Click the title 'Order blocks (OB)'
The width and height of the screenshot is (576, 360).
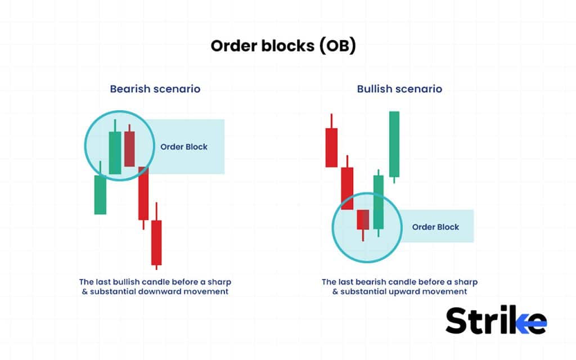click(283, 46)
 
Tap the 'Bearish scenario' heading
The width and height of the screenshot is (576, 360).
click(155, 89)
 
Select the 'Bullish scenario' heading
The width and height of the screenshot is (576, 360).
click(399, 89)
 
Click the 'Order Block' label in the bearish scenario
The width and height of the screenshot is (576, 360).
click(184, 147)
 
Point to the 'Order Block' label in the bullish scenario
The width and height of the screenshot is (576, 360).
click(435, 227)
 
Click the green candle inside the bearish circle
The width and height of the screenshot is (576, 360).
click(115, 152)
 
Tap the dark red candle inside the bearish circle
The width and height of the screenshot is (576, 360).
click(129, 148)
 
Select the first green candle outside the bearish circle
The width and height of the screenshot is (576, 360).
click(100, 194)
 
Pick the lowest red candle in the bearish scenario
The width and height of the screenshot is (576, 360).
click(156, 242)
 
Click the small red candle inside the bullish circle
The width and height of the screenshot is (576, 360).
click(363, 219)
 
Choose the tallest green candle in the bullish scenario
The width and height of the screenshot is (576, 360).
click(394, 143)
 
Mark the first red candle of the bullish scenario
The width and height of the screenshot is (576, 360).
click(332, 147)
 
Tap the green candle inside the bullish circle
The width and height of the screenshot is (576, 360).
click(378, 201)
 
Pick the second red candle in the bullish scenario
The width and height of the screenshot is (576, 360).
click(347, 188)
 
